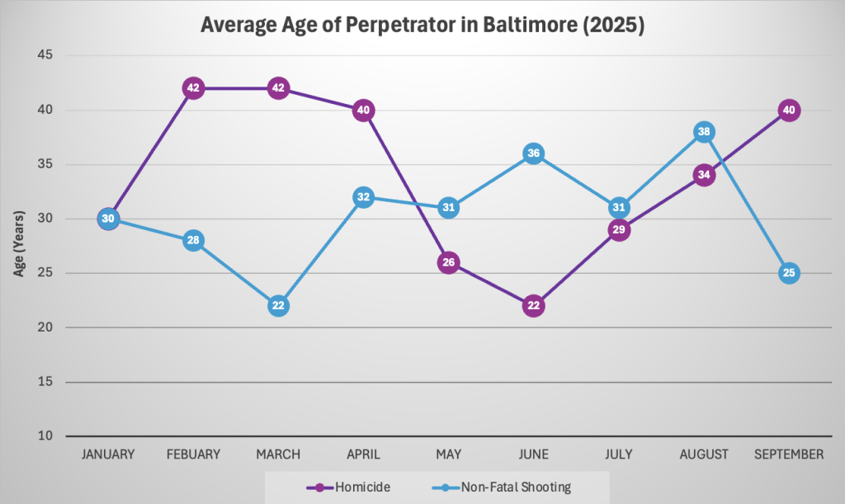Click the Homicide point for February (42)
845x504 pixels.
[x=193, y=88]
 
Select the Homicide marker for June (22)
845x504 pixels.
[x=533, y=305]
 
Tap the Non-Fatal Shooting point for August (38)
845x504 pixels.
[x=704, y=132]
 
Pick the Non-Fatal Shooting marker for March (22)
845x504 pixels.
[x=278, y=305]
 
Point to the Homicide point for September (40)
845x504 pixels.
[x=789, y=110]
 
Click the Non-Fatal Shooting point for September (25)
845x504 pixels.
[x=789, y=273]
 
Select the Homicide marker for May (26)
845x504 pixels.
[x=448, y=262]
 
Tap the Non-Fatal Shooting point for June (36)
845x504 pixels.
[x=533, y=153]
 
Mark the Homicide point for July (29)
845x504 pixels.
[x=619, y=229]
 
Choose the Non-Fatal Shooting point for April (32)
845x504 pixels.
[x=363, y=197]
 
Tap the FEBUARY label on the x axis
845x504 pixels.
[x=193, y=455]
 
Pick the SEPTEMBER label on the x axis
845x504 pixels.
[x=789, y=455]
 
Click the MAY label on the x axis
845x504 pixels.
[x=448, y=455]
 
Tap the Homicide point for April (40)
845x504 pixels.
[x=363, y=110]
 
